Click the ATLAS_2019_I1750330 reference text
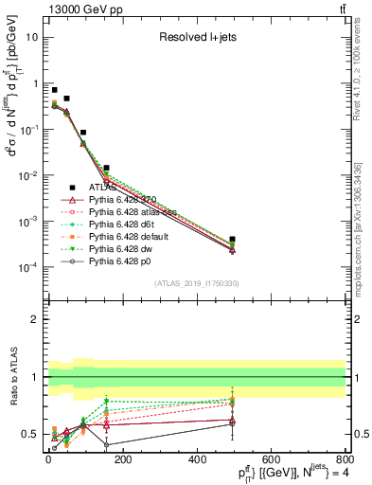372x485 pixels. click(x=197, y=282)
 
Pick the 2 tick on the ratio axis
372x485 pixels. click(x=35, y=319)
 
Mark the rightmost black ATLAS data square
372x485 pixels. click(x=233, y=240)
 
